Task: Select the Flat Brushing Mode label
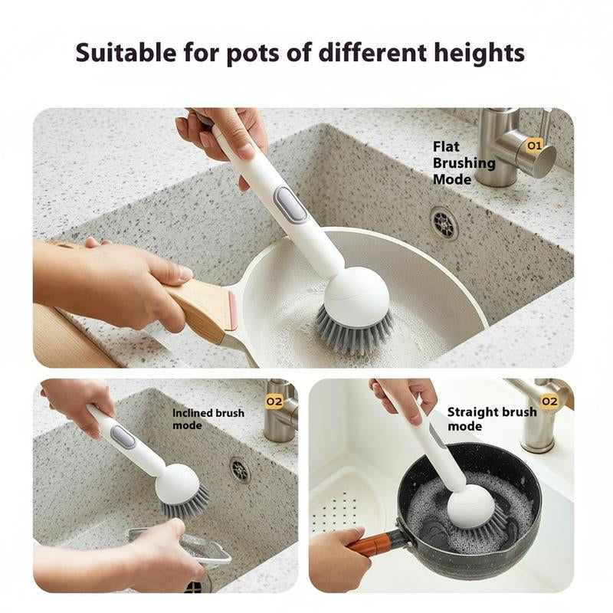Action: click(464, 162)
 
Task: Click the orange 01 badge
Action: click(533, 144)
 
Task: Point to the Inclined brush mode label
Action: click(208, 419)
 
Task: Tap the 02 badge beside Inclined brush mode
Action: click(274, 401)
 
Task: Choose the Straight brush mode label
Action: click(491, 418)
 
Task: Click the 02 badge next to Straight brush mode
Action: click(549, 401)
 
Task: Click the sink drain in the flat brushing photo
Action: click(444, 223)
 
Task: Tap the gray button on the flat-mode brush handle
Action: click(290, 205)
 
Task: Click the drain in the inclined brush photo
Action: click(240, 469)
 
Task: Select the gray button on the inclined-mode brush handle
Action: click(123, 437)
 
